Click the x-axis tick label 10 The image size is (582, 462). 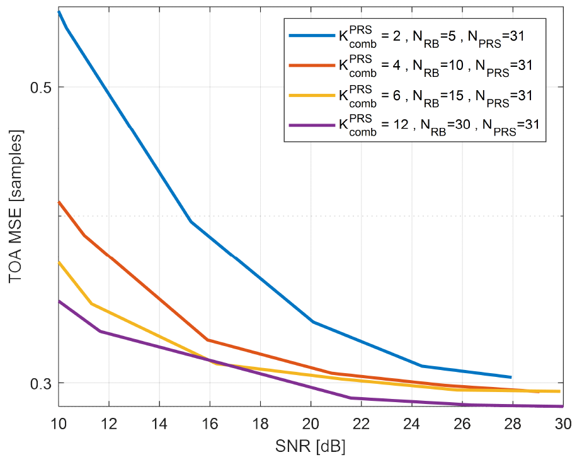pyautogui.click(x=59, y=422)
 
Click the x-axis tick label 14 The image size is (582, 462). pyautogui.click(x=159, y=422)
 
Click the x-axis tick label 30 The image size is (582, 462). pyautogui.click(x=562, y=422)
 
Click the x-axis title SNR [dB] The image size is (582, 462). pyautogui.click(x=311, y=446)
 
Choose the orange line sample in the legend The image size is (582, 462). pyautogui.click(x=311, y=66)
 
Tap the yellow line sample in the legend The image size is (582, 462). pyautogui.click(x=311, y=95)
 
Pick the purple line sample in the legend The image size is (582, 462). pyautogui.click(x=311, y=125)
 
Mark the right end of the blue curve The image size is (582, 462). pyautogui.click(x=511, y=377)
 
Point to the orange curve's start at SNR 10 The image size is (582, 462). pyautogui.click(x=59, y=202)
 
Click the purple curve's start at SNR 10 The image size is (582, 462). pyautogui.click(x=59, y=301)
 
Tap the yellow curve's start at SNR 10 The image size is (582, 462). pyautogui.click(x=59, y=262)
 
